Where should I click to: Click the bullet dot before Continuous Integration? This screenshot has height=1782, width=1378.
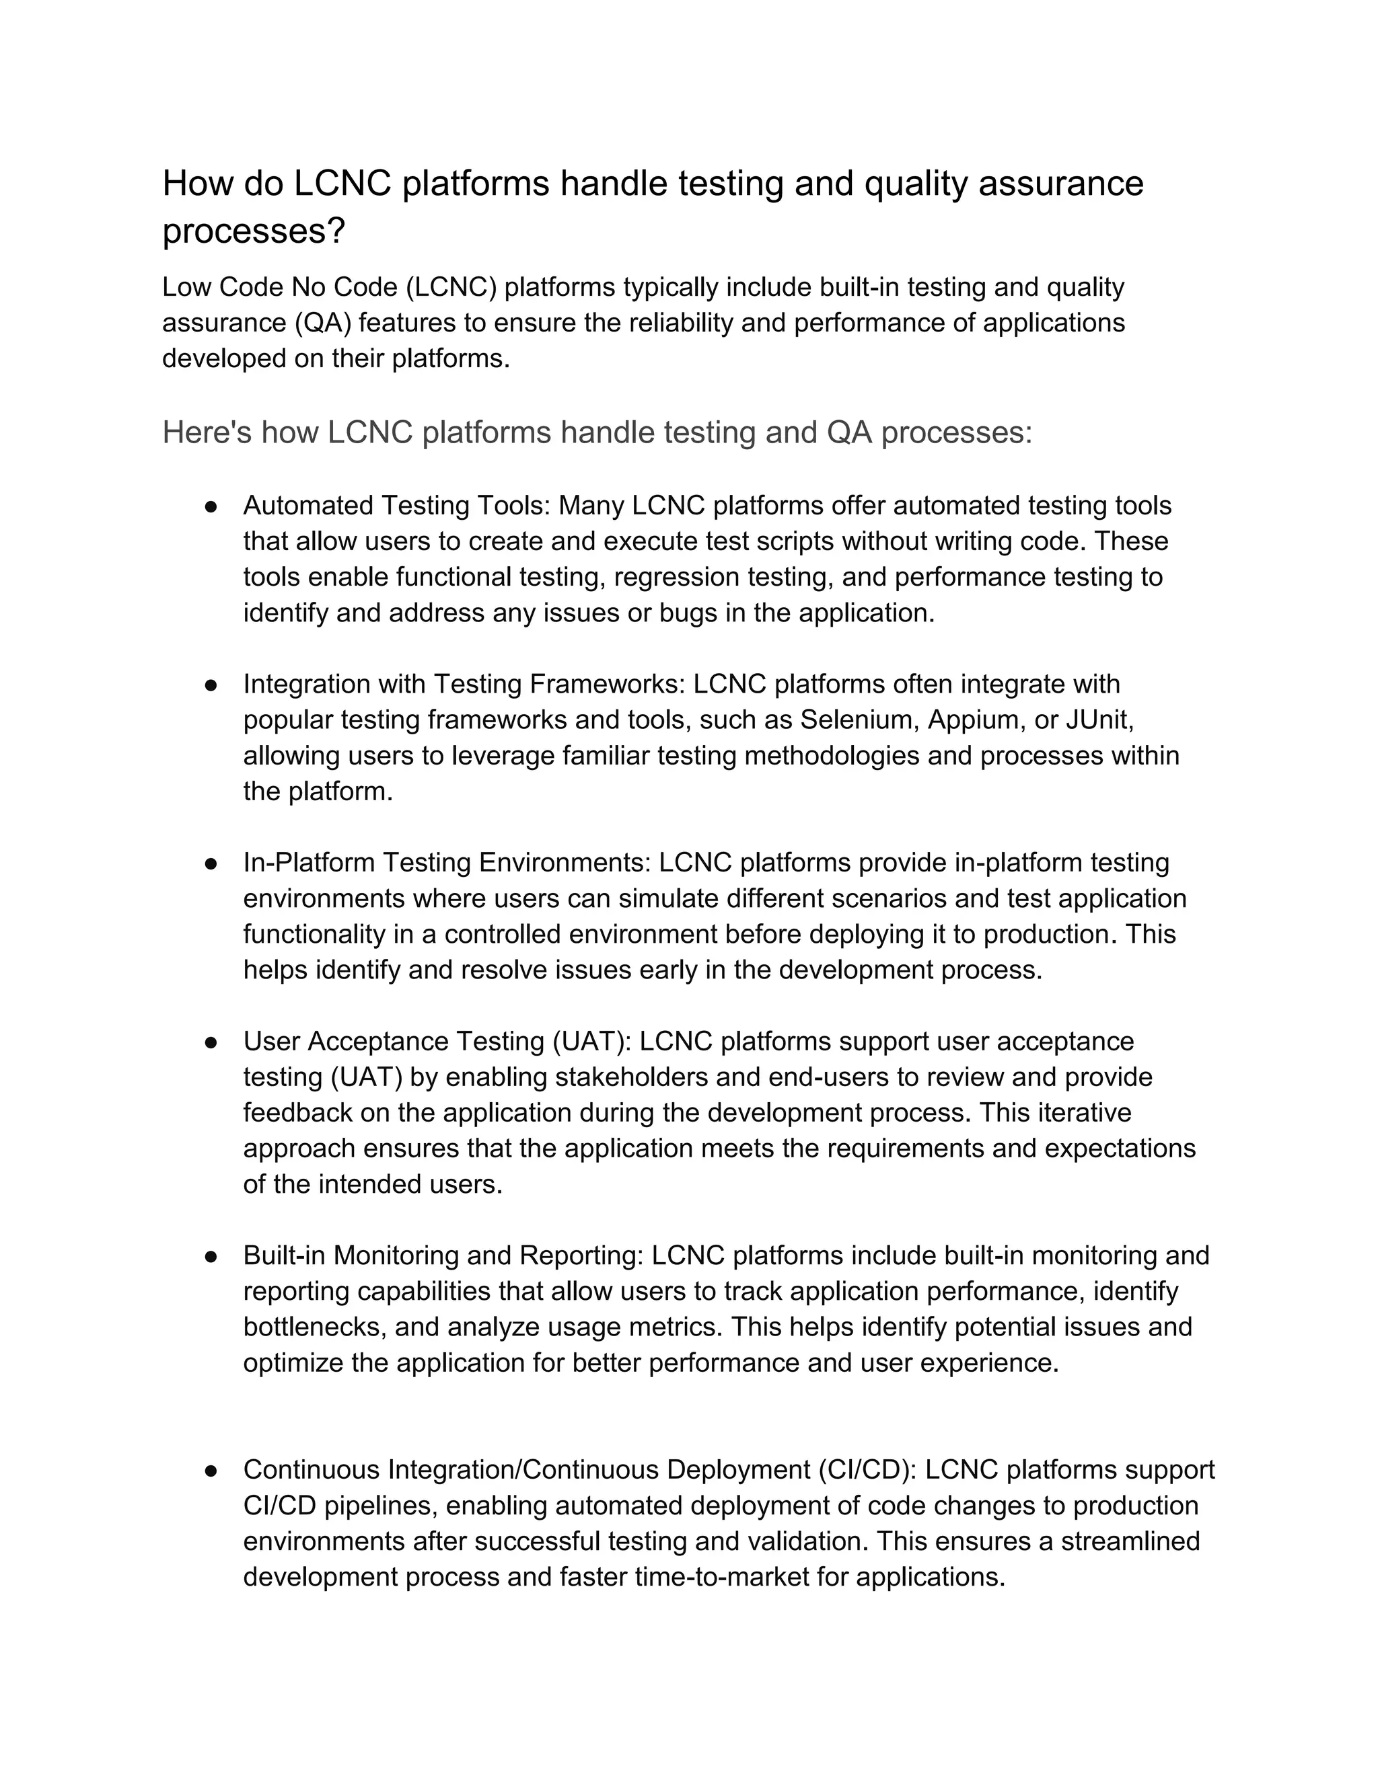tap(211, 1470)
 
